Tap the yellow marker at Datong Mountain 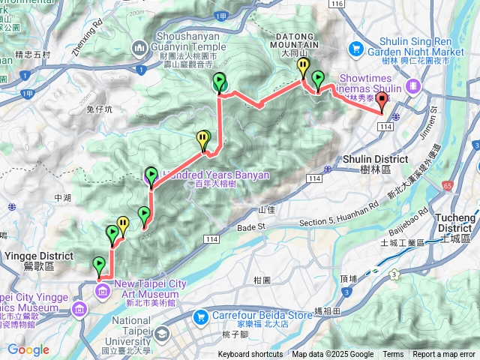pos(302,67)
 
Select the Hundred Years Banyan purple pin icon pos(148,177)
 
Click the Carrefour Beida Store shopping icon pos(199,316)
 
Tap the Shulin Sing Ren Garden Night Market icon pos(356,49)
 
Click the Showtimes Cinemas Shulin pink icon pos(412,87)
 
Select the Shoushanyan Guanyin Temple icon pos(139,49)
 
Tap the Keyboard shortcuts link pos(250,355)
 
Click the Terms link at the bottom pos(393,355)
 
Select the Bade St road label pos(252,226)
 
